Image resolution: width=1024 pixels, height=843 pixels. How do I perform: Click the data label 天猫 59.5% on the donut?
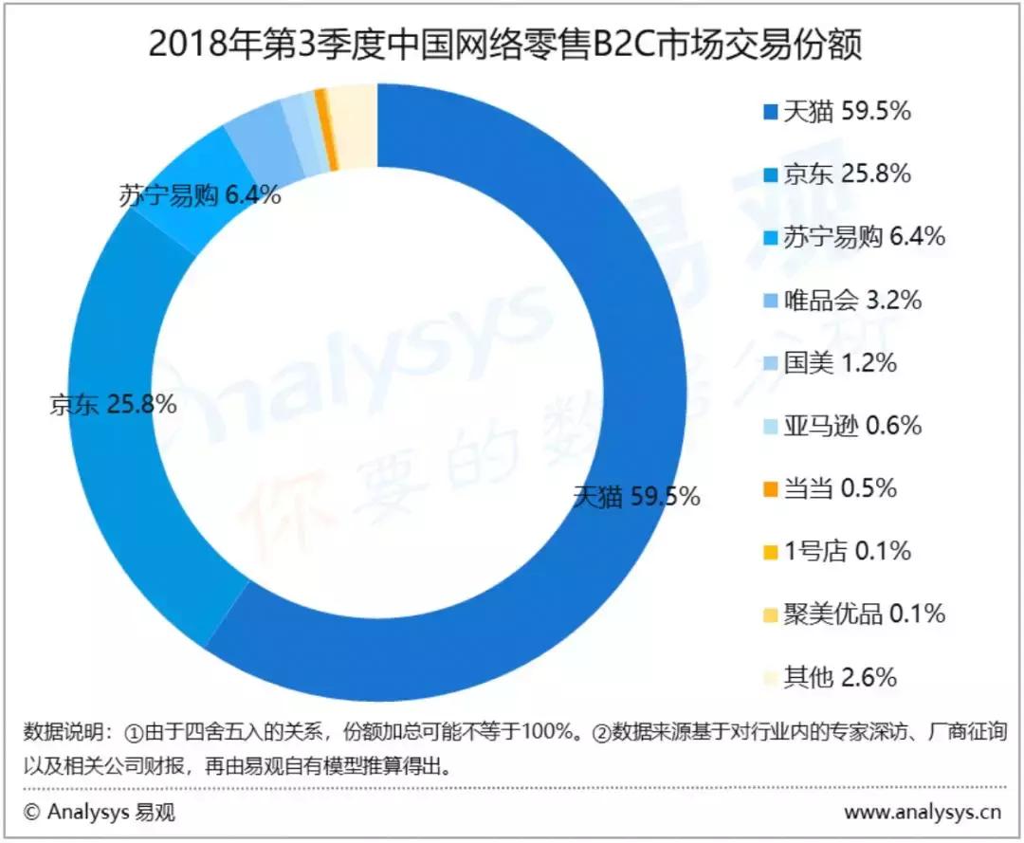pyautogui.click(x=636, y=495)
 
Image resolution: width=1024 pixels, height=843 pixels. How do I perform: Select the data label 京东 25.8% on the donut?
pyautogui.click(x=113, y=404)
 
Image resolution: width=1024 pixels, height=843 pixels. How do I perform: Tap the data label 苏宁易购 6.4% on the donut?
pyautogui.click(x=199, y=196)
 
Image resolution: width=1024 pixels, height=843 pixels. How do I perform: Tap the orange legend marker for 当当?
pyautogui.click(x=771, y=489)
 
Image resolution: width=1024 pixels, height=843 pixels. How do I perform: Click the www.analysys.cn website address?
pyautogui.click(x=923, y=812)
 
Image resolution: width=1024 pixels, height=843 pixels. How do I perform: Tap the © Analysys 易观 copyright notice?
pyautogui.click(x=100, y=812)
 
